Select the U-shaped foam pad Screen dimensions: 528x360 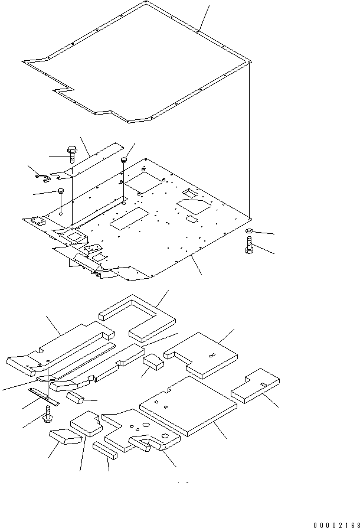[137, 318]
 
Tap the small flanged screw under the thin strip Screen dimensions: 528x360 [47, 418]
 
